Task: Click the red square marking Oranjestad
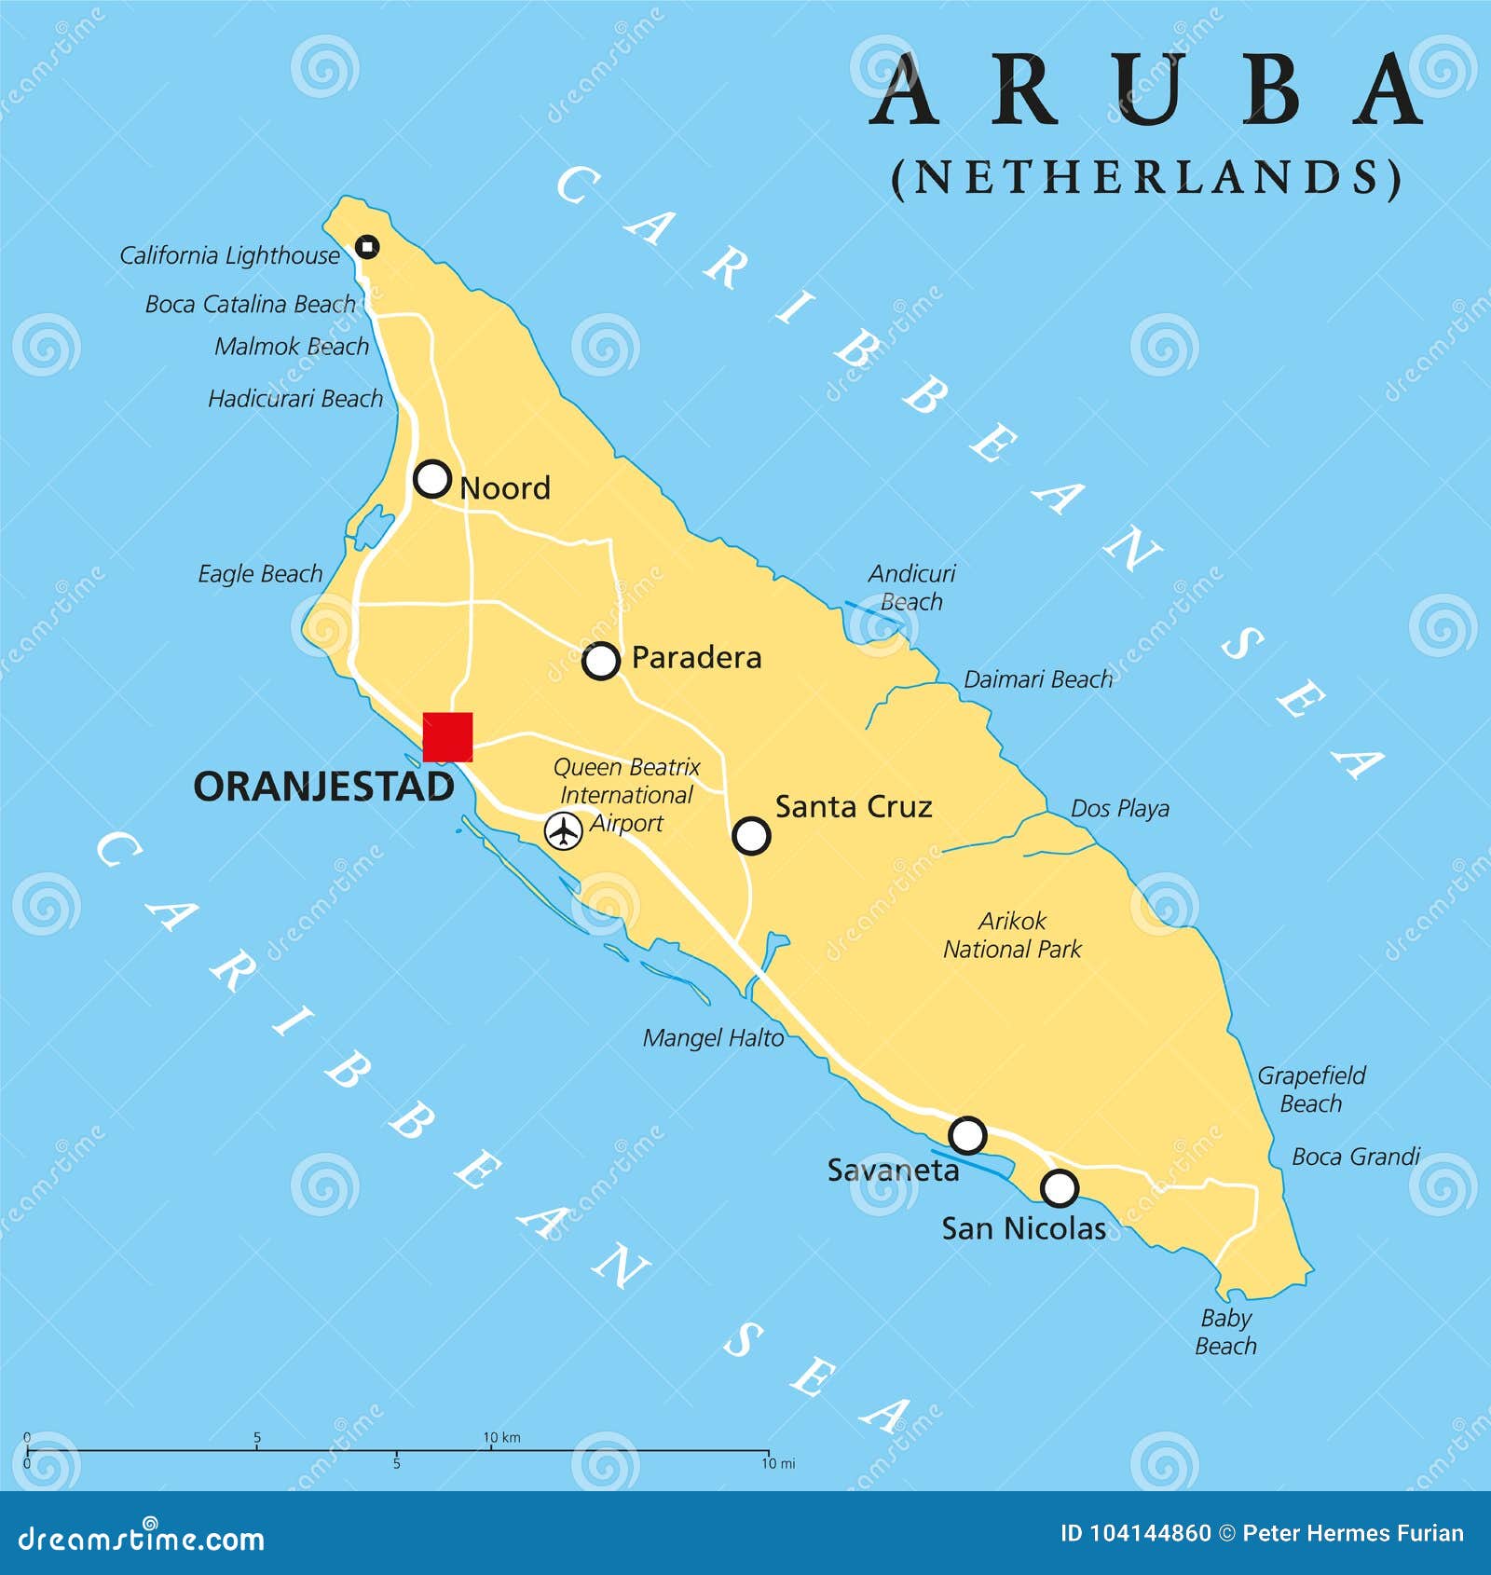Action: [x=447, y=737]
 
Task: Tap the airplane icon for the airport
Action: [x=563, y=830]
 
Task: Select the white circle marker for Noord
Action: [x=432, y=479]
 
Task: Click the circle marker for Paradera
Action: [x=601, y=661]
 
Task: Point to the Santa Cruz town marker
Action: [x=751, y=836]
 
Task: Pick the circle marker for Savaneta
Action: [x=967, y=1135]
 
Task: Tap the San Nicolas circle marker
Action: [x=1060, y=1188]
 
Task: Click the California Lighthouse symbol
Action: [x=367, y=247]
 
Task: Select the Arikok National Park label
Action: [x=1012, y=935]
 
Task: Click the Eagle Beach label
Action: [x=260, y=574]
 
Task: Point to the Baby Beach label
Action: [x=1225, y=1332]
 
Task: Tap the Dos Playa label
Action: [x=1119, y=809]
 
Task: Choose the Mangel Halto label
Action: [x=713, y=1038]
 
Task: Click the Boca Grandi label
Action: [x=1355, y=1157]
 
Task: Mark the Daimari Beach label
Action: [x=1038, y=679]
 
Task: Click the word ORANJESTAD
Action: [x=323, y=787]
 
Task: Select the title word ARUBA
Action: [x=1147, y=90]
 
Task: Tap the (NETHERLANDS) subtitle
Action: [x=1146, y=177]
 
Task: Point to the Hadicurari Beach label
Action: [x=295, y=399]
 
